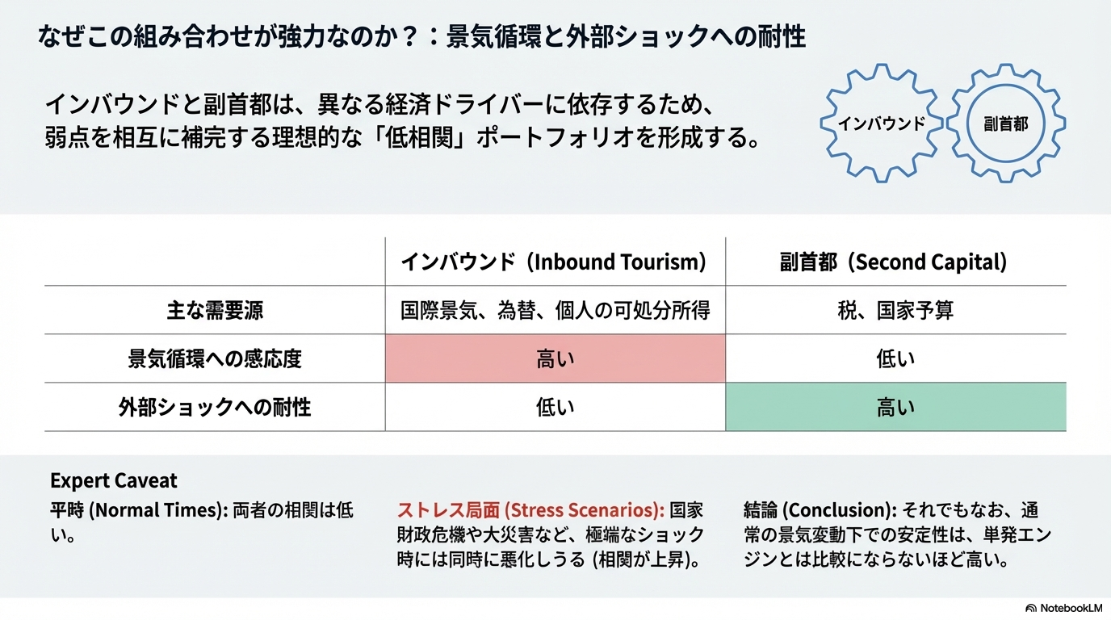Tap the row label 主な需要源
click(x=214, y=311)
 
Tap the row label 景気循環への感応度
click(x=214, y=358)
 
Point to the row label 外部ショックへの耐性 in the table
click(x=214, y=407)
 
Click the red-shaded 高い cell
click(x=555, y=358)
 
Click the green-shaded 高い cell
click(x=895, y=407)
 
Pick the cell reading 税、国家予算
click(x=895, y=311)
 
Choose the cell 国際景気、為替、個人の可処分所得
click(x=555, y=311)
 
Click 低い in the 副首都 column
click(x=895, y=358)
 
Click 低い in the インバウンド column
click(x=555, y=407)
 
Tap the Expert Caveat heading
click(x=114, y=480)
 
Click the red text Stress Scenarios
click(x=584, y=510)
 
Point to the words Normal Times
click(x=158, y=510)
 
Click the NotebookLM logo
click(x=1064, y=608)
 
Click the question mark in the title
click(x=409, y=37)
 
